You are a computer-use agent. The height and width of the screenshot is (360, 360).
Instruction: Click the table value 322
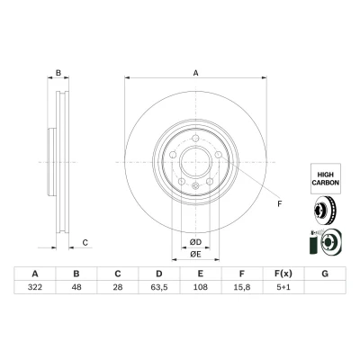tap(35, 287)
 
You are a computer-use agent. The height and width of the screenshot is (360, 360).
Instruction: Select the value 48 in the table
tap(76, 287)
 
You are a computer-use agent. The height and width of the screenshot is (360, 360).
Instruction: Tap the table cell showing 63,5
tap(159, 287)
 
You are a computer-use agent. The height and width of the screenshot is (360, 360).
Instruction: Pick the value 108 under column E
tap(201, 287)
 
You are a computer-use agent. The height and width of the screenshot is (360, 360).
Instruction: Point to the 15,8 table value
tap(242, 287)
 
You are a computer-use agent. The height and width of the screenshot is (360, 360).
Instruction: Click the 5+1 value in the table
tap(283, 287)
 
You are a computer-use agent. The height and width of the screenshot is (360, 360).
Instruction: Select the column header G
tap(325, 274)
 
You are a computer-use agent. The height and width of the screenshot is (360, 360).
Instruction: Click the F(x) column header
tap(283, 274)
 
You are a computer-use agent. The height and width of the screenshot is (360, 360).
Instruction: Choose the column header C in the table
tap(118, 274)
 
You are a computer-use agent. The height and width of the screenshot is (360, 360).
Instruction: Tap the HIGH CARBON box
tap(326, 178)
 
